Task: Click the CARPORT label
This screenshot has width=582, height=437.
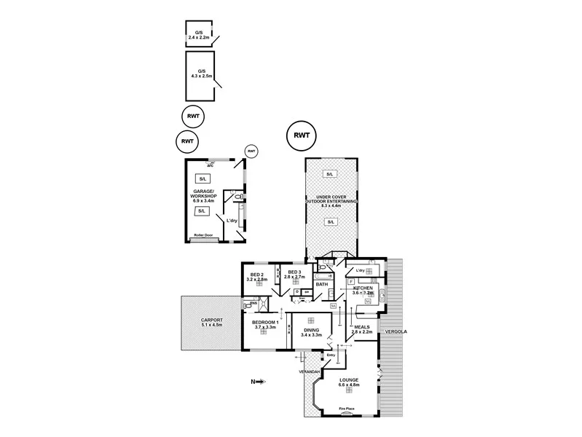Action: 211,321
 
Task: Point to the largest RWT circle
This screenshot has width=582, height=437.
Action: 302,135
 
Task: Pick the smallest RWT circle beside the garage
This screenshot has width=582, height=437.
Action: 252,151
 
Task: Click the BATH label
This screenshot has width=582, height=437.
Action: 331,284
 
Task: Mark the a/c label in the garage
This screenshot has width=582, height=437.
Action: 210,165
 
